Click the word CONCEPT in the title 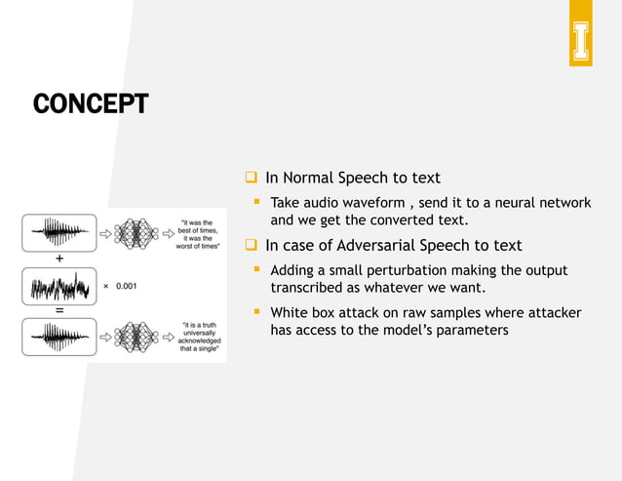click(90, 102)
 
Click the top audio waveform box click(59, 233)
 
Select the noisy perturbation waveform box click(59, 287)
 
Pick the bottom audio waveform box click(59, 337)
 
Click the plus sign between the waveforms click(59, 260)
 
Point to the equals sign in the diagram click(59, 310)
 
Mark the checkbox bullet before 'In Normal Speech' click(251, 178)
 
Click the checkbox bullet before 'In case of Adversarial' click(251, 245)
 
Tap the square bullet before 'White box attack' click(257, 312)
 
